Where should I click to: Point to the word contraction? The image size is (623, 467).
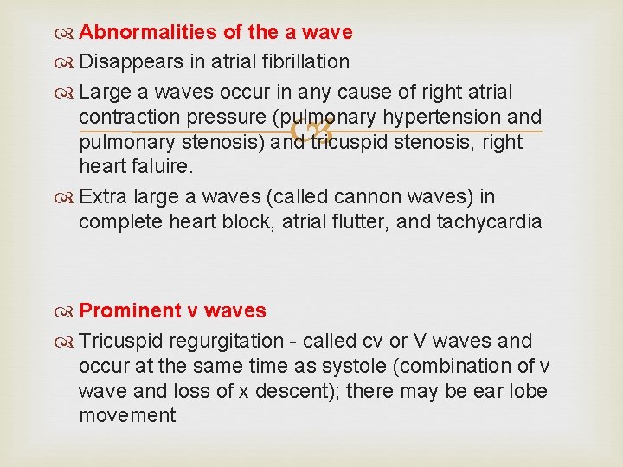click(x=132, y=117)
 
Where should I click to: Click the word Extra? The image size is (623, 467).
click(x=100, y=197)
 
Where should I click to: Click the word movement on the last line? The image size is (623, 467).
click(x=126, y=416)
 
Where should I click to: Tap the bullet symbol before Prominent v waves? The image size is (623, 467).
click(x=67, y=311)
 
